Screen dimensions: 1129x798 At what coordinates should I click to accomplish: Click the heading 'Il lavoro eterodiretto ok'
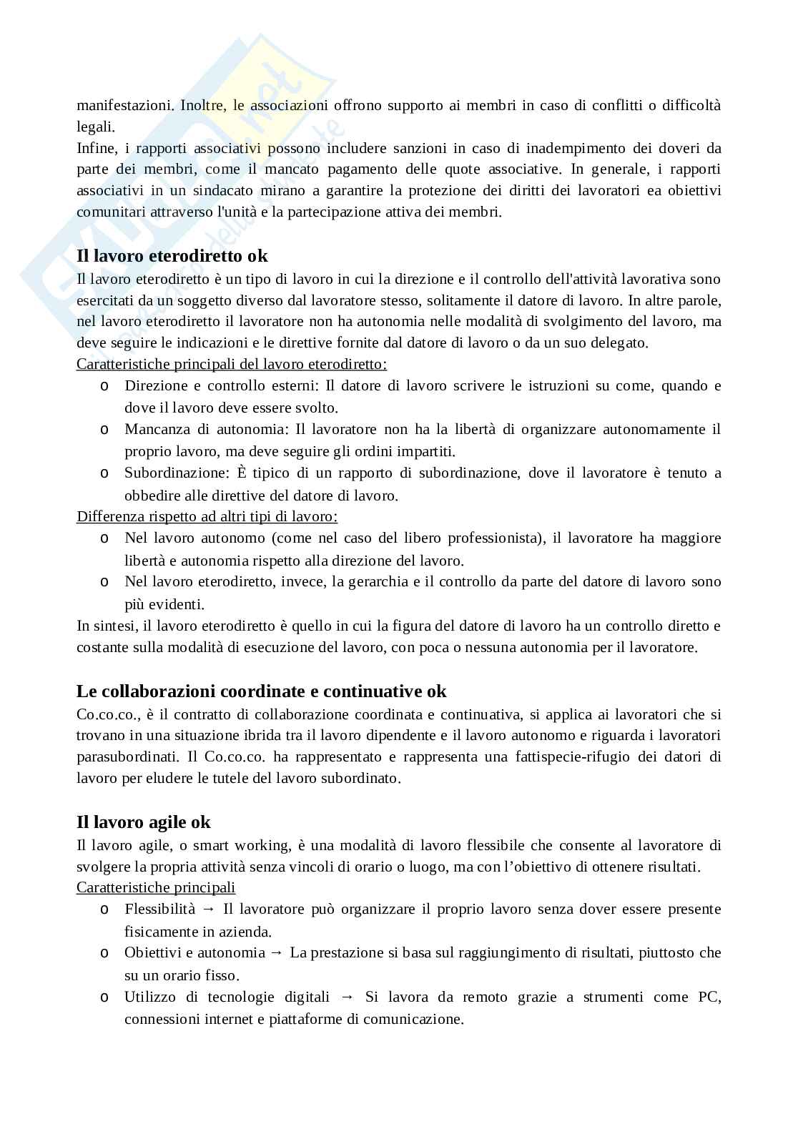click(x=172, y=256)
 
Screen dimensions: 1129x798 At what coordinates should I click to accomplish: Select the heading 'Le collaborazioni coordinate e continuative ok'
click(x=261, y=691)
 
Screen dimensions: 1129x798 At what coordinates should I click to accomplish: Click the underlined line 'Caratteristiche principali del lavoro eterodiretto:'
click(x=232, y=364)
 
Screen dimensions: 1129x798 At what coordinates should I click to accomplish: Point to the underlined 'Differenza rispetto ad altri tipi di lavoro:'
click(x=207, y=516)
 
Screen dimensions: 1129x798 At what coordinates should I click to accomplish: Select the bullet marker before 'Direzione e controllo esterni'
click(x=104, y=387)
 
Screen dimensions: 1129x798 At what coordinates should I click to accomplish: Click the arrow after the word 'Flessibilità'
click(x=209, y=909)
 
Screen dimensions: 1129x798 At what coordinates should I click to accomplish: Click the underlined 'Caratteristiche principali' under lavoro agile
click(x=156, y=888)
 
